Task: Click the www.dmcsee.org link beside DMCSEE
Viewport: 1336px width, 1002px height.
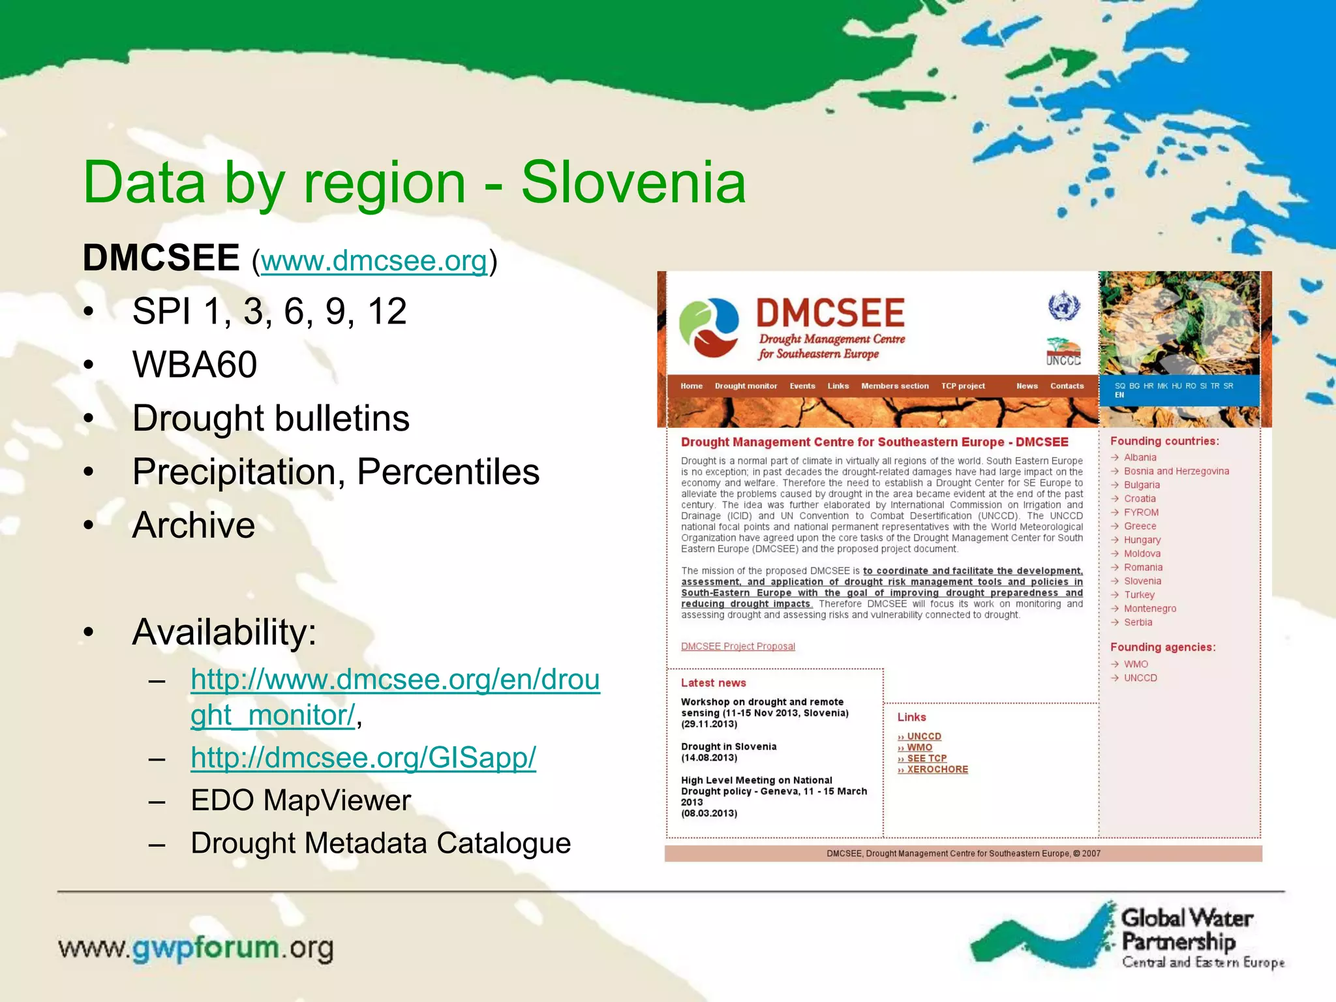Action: [x=374, y=261]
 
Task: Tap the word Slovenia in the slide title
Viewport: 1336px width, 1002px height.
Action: [x=633, y=183]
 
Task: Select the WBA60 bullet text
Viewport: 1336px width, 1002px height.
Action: [x=194, y=364]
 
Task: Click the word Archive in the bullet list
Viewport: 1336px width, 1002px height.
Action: [x=194, y=524]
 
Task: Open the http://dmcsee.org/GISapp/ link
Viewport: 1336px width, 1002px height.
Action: [x=363, y=757]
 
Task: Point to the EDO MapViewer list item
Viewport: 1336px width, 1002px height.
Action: [x=301, y=800]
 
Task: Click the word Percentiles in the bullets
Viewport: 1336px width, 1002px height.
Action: [x=448, y=471]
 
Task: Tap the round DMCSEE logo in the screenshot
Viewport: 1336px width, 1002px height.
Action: [x=709, y=328]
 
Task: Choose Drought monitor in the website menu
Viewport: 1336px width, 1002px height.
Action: [x=746, y=386]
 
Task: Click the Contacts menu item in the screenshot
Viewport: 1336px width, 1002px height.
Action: [x=1067, y=386]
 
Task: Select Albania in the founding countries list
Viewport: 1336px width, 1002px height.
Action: [x=1140, y=457]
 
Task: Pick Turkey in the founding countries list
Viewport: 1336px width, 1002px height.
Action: [x=1139, y=595]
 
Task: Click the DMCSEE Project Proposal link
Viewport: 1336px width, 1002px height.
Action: [x=738, y=646]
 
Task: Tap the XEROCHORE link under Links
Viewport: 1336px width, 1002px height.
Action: [x=937, y=770]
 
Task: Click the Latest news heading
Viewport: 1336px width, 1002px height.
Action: [x=713, y=683]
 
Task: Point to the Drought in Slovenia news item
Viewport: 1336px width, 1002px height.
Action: [x=729, y=747]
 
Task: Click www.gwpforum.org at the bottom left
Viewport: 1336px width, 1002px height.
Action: [x=196, y=948]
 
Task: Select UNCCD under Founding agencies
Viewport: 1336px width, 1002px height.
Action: [x=1140, y=678]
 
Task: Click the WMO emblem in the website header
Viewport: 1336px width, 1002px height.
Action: [x=1064, y=306]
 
